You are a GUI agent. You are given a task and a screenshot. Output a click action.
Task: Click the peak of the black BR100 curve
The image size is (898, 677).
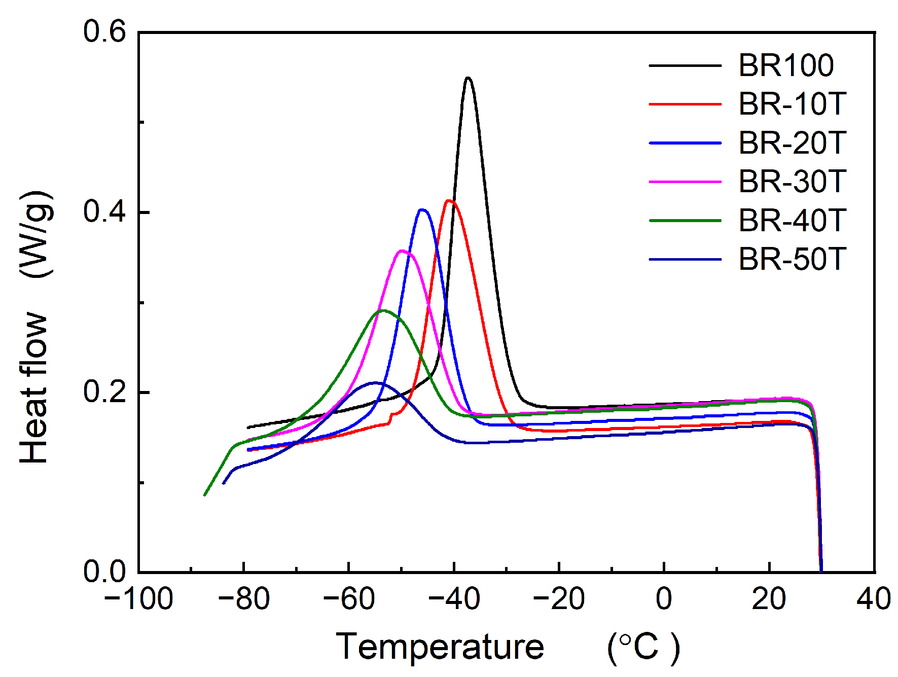tap(468, 78)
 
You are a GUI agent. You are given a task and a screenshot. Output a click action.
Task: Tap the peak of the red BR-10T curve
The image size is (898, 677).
tap(449, 201)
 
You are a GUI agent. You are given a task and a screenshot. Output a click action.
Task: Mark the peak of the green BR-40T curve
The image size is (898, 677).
tap(383, 310)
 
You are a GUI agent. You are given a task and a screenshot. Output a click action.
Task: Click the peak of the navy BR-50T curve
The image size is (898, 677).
tap(375, 383)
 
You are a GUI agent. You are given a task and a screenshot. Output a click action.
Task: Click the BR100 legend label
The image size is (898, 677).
tap(785, 65)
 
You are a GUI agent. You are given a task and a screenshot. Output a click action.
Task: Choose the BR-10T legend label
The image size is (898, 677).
tap(792, 104)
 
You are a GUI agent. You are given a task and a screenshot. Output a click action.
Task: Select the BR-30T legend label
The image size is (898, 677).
tap(792, 182)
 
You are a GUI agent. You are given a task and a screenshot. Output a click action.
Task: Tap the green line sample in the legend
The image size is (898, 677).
tap(685, 221)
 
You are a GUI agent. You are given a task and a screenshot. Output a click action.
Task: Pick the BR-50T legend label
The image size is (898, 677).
tap(792, 259)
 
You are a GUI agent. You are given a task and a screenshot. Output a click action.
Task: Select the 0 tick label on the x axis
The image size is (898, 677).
tap(664, 599)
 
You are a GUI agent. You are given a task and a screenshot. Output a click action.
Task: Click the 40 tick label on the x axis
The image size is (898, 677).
tap(873, 599)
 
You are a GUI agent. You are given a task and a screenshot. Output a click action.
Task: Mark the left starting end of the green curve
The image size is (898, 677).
tap(204, 495)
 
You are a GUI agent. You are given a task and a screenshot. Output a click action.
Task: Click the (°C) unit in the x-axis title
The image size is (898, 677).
tap(643, 648)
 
